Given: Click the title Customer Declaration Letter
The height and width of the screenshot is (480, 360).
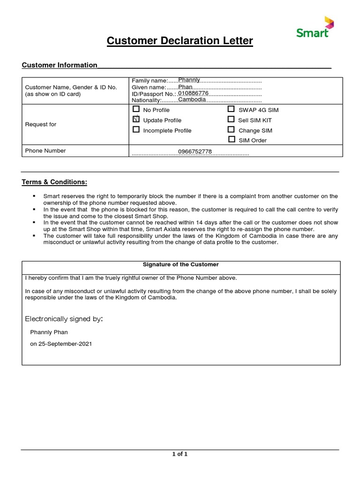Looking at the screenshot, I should point(180,41).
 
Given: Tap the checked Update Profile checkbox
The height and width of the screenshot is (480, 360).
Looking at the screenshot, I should point(136,120).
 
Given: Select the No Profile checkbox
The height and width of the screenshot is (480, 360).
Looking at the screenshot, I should point(136,109).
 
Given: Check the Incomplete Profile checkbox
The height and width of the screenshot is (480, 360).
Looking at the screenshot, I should point(136,130).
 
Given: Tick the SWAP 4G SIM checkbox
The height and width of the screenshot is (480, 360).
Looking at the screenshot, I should point(231,109).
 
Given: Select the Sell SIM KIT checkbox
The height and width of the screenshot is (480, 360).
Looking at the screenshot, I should point(231,120).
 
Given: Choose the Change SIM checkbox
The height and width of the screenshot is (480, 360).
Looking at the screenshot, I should point(231,130).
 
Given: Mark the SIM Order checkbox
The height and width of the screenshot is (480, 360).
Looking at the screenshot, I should point(232,140).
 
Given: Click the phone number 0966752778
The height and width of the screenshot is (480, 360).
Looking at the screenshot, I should point(195,152).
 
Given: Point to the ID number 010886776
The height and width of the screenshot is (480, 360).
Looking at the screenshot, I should point(193,93).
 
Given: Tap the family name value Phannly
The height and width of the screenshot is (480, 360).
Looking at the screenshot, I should point(189,80).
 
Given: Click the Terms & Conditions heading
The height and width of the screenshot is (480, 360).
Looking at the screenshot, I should point(54,182).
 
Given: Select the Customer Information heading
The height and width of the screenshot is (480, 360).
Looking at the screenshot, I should point(60,65).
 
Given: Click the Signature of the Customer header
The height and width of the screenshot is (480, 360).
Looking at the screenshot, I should point(180,265).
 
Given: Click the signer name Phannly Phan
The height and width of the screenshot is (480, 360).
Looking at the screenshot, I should point(49,332).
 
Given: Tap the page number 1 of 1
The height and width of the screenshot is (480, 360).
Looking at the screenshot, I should point(180,454).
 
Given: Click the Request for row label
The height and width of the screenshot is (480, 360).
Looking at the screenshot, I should point(40,124).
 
